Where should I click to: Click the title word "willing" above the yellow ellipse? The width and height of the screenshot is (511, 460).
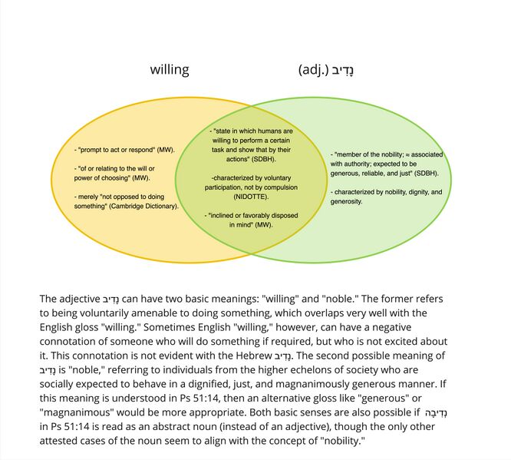(x=169, y=70)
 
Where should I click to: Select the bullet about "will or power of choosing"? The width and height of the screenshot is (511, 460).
(x=123, y=173)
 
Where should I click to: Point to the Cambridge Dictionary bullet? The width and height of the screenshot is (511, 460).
(x=127, y=201)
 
